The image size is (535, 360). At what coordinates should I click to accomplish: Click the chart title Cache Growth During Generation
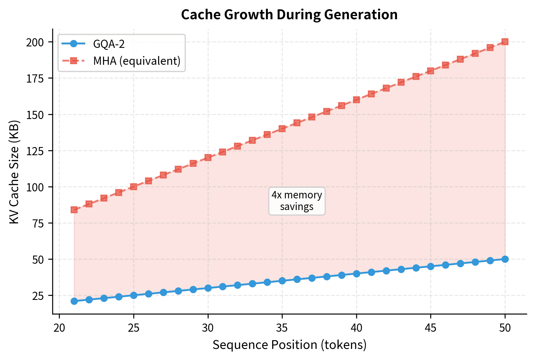pos(289,15)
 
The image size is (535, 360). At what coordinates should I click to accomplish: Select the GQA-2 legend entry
pos(109,44)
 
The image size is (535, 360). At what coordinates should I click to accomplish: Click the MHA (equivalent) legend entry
pos(137,61)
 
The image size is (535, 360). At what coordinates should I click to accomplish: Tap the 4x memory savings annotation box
pos(297,201)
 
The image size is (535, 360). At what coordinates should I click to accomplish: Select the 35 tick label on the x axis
pos(282,328)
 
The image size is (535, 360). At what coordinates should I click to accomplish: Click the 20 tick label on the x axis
pos(59,328)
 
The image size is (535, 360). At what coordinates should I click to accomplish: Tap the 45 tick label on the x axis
pos(431,328)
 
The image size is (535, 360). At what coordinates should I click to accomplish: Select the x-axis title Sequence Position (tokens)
pos(289,345)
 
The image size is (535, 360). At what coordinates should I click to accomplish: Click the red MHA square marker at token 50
pos(505,42)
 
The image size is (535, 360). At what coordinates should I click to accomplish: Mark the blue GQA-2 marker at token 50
pos(505,259)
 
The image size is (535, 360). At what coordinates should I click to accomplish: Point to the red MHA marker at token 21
pos(74,210)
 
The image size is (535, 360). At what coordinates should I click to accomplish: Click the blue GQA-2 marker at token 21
pos(74,301)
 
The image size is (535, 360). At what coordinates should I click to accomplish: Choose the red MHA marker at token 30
pos(208,158)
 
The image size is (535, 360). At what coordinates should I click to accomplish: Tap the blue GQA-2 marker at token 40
pos(356,274)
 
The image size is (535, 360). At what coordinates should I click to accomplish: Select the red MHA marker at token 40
pos(356,100)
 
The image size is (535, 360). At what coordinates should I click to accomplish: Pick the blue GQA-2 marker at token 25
pos(134,295)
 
